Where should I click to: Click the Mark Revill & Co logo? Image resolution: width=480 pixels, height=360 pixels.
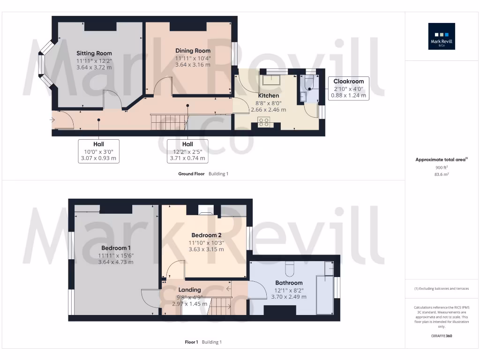(442, 37)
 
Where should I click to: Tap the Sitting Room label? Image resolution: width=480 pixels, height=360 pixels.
(94, 53)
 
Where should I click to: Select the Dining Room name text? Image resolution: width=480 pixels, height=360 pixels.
(193, 51)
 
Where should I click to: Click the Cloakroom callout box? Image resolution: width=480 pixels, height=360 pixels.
(348, 88)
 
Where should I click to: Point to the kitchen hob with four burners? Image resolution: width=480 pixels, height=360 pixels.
(264, 122)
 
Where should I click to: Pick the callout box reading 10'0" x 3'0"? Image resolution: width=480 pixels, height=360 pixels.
(98, 151)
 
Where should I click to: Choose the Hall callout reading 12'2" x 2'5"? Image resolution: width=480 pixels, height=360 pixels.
(187, 151)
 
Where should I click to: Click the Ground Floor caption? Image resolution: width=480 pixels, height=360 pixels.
(191, 174)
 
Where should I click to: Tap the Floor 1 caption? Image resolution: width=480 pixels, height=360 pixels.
(191, 342)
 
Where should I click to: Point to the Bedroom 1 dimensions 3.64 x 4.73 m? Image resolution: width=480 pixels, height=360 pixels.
(116, 262)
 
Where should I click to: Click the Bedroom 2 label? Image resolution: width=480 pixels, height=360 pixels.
(206, 235)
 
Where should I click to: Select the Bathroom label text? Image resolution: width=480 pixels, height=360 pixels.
(289, 283)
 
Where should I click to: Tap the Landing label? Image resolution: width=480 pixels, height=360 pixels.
(189, 290)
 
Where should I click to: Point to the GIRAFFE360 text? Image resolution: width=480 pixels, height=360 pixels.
(442, 336)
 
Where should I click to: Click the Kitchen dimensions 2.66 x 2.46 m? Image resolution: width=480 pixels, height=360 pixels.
(268, 109)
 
